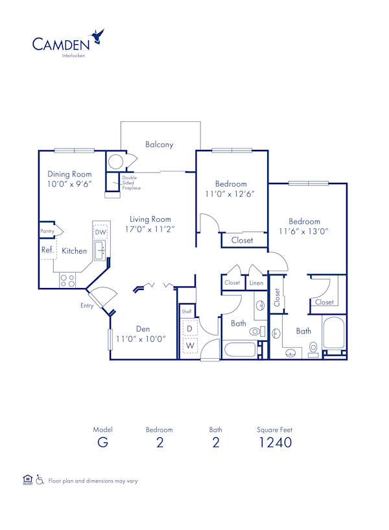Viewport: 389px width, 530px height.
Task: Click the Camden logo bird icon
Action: pos(99,36)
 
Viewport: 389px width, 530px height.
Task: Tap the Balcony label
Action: pos(159,145)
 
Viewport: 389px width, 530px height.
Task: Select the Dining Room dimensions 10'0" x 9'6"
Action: pos(69,184)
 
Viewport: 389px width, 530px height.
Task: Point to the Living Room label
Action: pos(150,219)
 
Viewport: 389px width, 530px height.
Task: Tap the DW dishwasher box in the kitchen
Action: pos(100,232)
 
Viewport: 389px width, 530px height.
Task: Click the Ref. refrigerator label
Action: pos(47,250)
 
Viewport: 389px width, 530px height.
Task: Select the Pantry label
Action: pos(47,231)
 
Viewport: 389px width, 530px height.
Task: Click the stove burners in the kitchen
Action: pos(67,280)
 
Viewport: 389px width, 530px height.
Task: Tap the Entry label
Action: pos(87,306)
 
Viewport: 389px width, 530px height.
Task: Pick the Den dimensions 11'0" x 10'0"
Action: pos(141,339)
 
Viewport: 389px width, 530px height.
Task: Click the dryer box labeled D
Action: pos(190,329)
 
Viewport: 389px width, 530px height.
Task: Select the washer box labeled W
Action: pos(190,345)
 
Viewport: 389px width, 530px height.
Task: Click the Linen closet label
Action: pos(256,283)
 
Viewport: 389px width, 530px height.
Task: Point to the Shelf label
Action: pos(187,311)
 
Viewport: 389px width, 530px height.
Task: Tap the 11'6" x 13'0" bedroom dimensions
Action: pos(304,231)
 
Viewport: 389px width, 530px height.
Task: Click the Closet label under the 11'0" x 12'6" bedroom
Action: pos(242,240)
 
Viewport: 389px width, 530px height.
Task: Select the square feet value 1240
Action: pos(274,443)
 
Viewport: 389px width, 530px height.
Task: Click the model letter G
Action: pos(102,443)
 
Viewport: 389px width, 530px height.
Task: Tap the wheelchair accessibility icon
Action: pos(40,481)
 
